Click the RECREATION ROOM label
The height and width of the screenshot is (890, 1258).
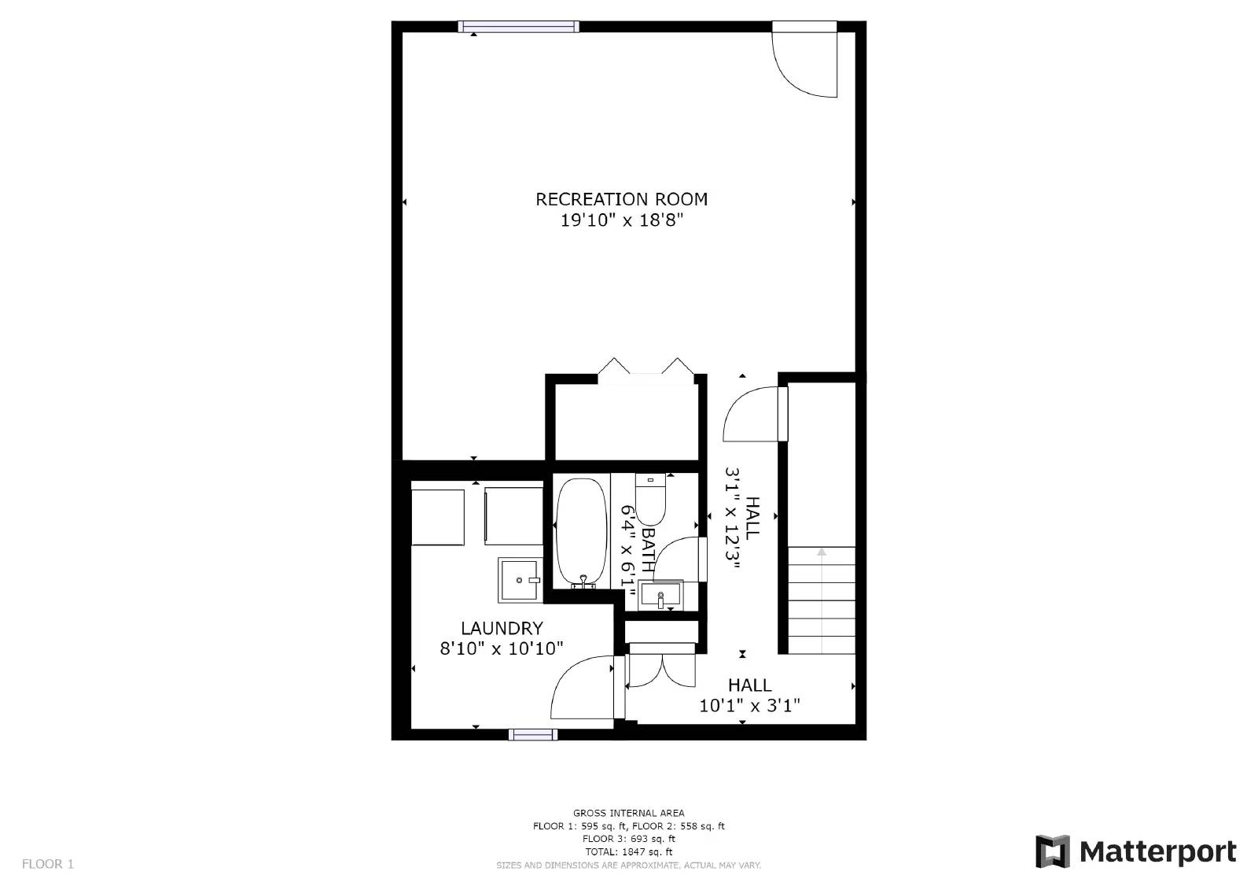pos(621,199)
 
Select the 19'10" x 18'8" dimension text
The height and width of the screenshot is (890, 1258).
pos(621,220)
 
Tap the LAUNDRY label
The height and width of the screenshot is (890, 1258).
pos(502,628)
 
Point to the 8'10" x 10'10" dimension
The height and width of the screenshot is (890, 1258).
pos(502,648)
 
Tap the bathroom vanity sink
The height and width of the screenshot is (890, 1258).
pos(660,593)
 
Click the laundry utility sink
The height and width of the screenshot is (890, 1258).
pos(520,580)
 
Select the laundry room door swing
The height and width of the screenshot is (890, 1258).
pos(583,687)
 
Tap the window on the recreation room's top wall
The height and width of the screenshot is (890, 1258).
pos(518,27)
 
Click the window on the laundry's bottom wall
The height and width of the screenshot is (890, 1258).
pos(532,735)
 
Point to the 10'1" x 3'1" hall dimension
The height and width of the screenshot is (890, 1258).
pos(749,706)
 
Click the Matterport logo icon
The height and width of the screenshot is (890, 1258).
pos(1052,851)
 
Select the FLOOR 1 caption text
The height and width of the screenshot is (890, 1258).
pos(48,864)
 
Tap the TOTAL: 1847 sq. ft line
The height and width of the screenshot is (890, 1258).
pos(628,851)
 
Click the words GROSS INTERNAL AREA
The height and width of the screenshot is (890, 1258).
pos(628,813)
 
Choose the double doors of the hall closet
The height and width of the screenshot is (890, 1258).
pos(662,669)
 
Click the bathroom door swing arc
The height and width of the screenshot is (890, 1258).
pos(675,558)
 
